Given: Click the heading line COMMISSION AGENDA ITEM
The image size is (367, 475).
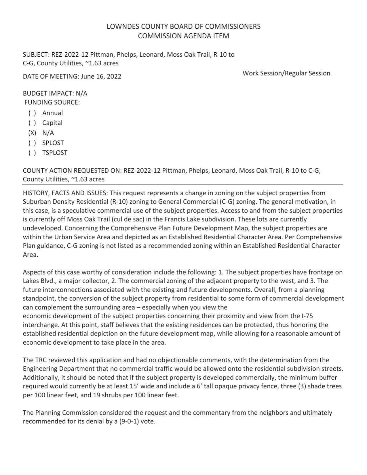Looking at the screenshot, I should point(183,36).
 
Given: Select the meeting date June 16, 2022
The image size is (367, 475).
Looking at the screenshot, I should point(101,77).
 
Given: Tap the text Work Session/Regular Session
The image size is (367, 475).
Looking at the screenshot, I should point(286,73).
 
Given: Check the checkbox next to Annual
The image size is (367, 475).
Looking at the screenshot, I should point(32,113).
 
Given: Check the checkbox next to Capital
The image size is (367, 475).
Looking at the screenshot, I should point(32,123).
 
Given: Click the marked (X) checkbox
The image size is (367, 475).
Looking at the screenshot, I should point(32,133).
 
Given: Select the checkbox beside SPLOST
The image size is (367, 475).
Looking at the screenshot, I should point(32,143).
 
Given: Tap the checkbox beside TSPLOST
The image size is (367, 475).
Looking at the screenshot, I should point(32,153).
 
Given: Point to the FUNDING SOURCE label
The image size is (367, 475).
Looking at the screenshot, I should point(52,102).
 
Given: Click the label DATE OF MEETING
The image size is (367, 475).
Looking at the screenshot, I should point(51,77).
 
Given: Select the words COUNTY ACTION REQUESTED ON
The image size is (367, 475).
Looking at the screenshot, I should point(72,171).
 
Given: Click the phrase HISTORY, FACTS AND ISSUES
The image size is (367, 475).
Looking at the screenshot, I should point(65,193).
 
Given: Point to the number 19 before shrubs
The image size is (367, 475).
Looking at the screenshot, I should point(96,395).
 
